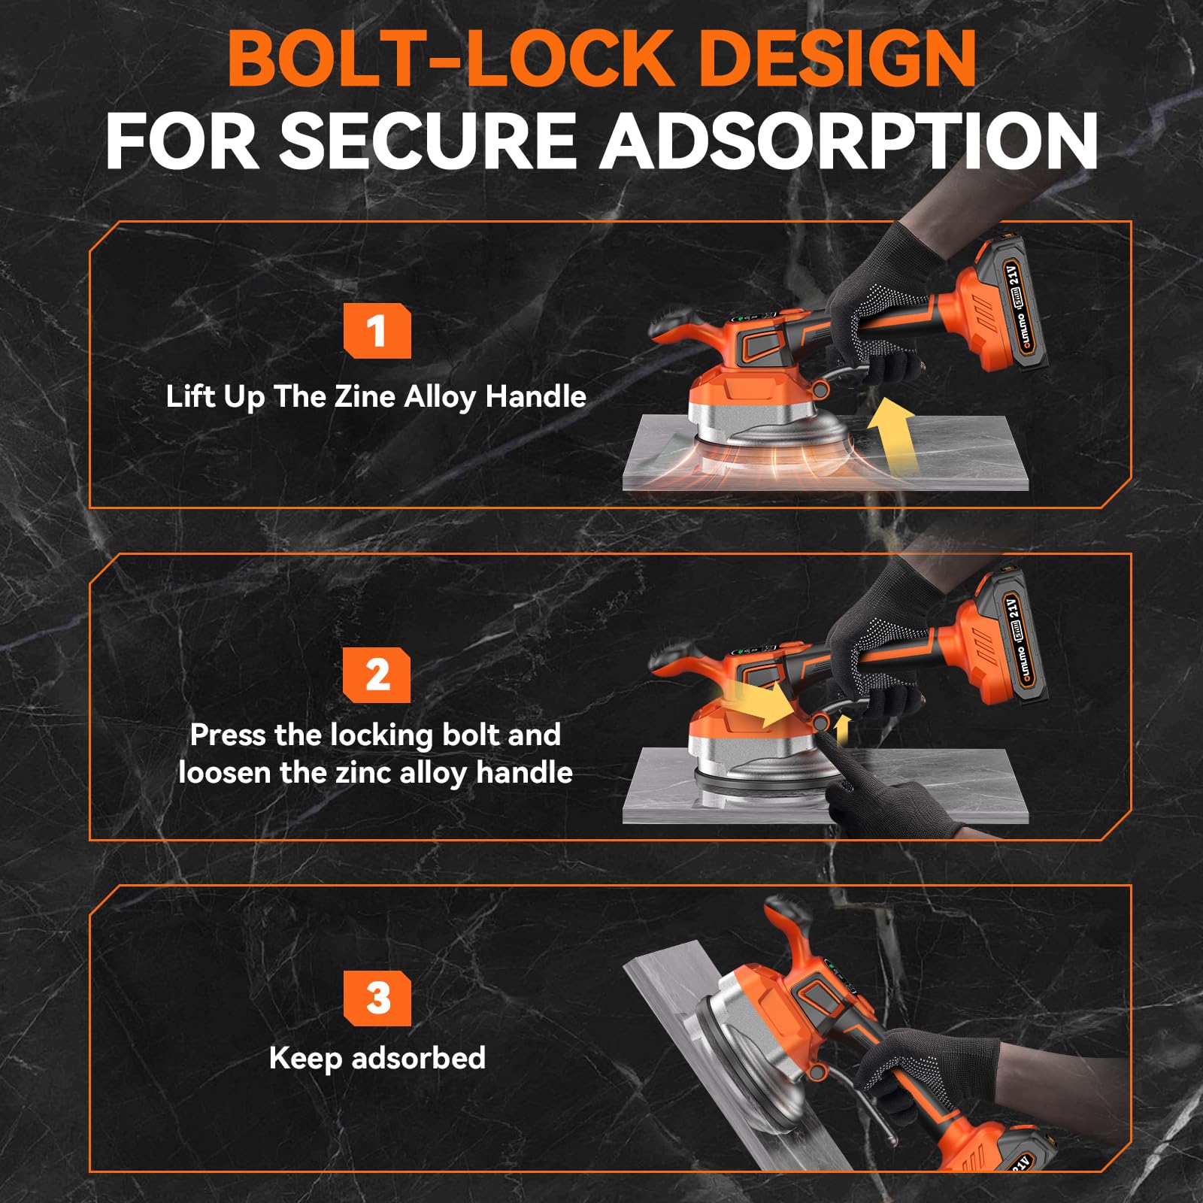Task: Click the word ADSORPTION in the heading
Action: [848, 141]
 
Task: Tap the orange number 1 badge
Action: [377, 331]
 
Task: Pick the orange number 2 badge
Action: [377, 674]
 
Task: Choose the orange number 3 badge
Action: [377, 998]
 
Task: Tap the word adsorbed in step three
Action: [419, 1057]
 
